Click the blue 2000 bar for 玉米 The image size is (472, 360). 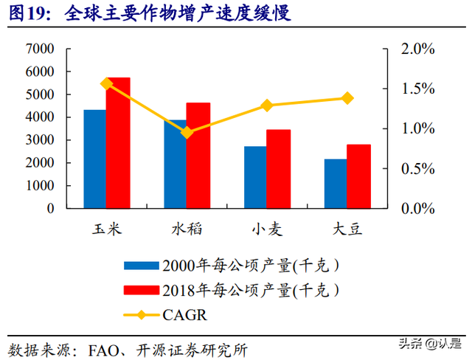(x=94, y=159)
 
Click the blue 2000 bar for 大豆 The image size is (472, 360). (x=335, y=184)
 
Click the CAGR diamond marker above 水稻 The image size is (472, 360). (x=187, y=132)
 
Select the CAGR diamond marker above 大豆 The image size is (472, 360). (x=347, y=98)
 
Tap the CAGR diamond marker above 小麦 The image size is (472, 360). (x=267, y=105)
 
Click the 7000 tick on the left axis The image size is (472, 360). (x=40, y=49)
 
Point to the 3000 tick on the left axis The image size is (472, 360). (x=40, y=140)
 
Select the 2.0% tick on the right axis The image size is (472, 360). (x=417, y=49)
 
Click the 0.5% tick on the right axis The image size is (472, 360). (x=417, y=169)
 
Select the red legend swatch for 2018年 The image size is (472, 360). (x=141, y=290)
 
